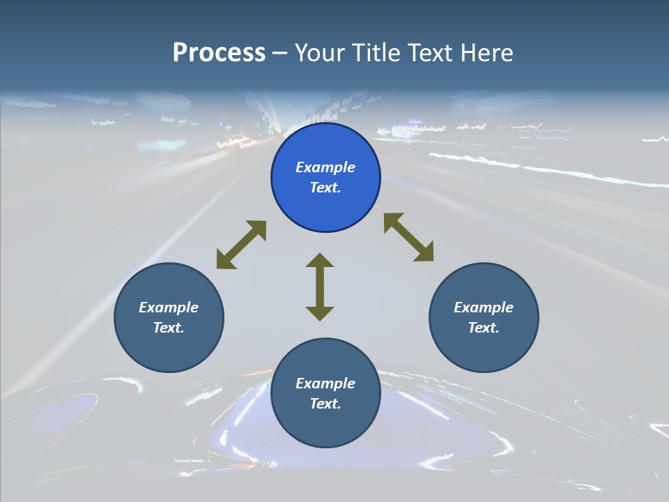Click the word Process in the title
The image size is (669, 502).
[219, 53]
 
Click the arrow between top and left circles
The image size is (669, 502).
[241, 245]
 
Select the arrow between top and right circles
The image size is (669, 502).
[409, 237]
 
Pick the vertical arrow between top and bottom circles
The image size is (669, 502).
[320, 287]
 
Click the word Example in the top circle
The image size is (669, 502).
[325, 167]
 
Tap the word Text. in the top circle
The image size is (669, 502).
[325, 188]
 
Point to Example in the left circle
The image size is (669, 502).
[169, 307]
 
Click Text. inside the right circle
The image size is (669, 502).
[484, 328]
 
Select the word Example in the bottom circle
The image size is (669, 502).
[325, 383]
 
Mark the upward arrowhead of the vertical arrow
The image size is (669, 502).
[320, 261]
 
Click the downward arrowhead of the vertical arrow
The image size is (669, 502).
[320, 313]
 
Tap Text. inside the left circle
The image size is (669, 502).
[169, 328]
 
